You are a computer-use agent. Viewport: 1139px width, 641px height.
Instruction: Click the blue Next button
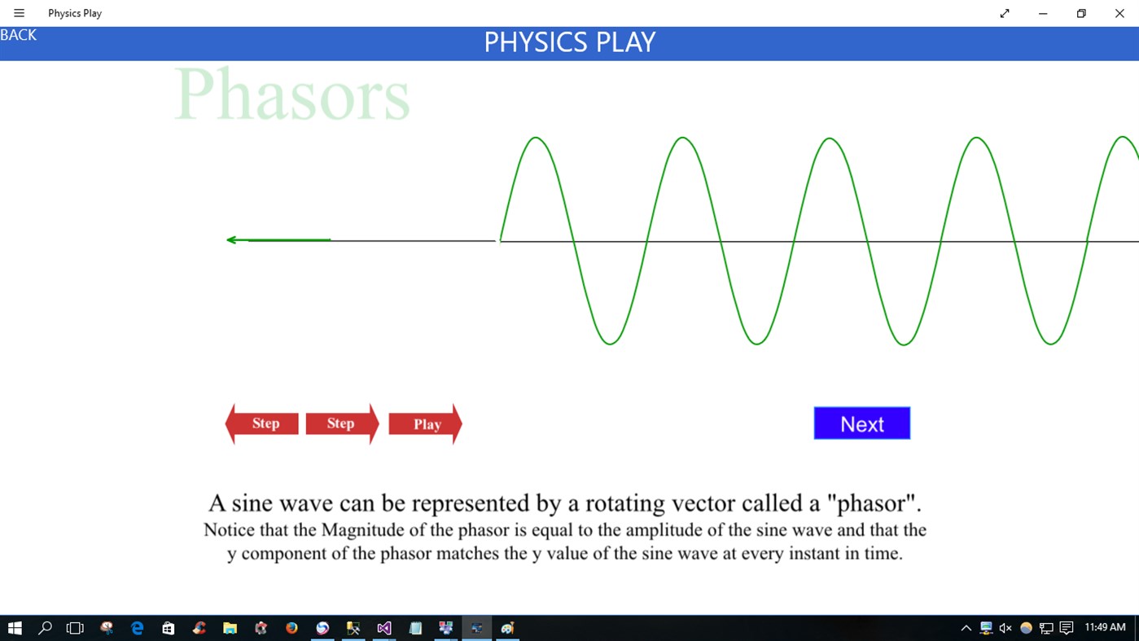pos(861,424)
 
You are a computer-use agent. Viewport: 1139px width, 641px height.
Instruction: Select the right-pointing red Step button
pos(342,424)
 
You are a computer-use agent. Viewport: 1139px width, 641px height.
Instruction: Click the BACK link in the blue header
pos(18,35)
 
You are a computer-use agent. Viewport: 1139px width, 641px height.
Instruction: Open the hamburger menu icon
pos(20,13)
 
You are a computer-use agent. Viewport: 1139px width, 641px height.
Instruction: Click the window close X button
pos(1119,13)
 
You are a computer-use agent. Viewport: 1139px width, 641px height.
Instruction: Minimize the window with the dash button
pos(1043,13)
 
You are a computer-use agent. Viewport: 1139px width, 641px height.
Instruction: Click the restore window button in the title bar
pos(1081,13)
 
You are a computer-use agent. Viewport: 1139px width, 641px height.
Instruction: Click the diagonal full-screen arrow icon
pos(1005,13)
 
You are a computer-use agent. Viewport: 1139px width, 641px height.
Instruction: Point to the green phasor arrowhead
pos(231,240)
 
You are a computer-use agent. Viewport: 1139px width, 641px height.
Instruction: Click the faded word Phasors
pos(291,94)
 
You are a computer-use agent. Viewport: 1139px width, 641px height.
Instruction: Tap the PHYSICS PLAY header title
pos(569,42)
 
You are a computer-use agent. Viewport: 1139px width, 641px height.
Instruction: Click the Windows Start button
pos(15,628)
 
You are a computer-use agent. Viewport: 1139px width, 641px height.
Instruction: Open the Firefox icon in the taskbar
pos(291,628)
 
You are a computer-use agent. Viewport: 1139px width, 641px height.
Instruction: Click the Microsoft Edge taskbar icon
pos(137,628)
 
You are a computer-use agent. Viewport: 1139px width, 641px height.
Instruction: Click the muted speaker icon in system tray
pos(1005,628)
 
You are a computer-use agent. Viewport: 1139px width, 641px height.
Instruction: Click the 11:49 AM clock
pos(1105,627)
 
